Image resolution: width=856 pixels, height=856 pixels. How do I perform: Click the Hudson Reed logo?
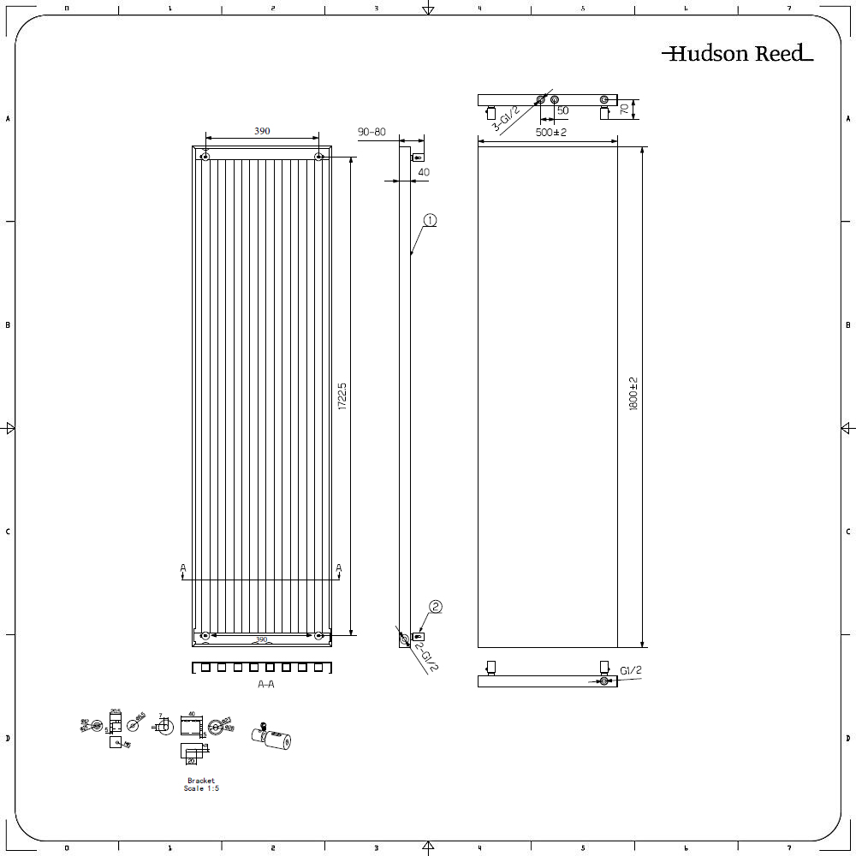(737, 54)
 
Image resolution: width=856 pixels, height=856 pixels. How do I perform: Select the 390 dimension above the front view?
(262, 131)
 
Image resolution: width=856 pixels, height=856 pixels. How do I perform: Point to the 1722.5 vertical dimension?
(342, 396)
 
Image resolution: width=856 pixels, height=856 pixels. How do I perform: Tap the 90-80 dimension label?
(372, 132)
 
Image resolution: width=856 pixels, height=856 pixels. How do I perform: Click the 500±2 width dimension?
(551, 133)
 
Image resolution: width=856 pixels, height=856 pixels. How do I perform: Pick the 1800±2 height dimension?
(634, 395)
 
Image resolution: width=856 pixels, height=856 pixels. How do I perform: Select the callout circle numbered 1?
(429, 221)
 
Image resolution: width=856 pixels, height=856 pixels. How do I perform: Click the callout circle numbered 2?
(435, 607)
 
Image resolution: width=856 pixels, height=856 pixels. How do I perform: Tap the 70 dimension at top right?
(624, 109)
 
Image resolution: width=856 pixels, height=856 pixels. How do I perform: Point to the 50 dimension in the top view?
(562, 110)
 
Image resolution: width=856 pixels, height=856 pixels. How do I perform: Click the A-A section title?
(266, 685)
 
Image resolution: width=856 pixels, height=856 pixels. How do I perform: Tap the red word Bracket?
(201, 781)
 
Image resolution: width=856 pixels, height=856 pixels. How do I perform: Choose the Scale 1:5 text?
(201, 788)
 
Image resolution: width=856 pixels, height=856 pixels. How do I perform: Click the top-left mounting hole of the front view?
(205, 157)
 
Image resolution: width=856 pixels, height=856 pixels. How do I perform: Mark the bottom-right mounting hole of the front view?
(318, 635)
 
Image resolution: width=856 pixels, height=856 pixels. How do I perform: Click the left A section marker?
(182, 568)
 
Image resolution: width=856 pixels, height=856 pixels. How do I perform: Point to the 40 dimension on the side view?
(423, 172)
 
